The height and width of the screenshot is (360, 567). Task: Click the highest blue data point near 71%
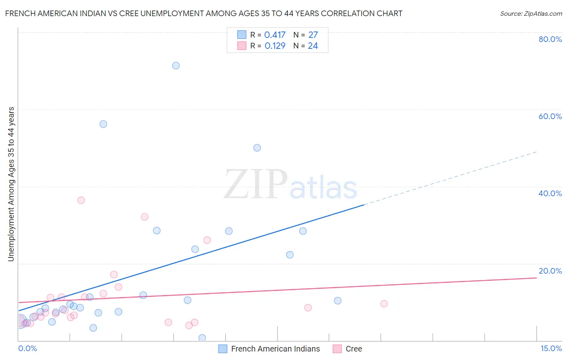pyautogui.click(x=176, y=65)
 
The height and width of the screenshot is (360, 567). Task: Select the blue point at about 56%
pyautogui.click(x=103, y=124)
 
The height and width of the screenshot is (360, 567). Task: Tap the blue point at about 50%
pyautogui.click(x=257, y=148)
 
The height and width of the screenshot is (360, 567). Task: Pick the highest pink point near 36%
pyautogui.click(x=81, y=200)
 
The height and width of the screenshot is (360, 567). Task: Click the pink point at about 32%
pyautogui.click(x=144, y=217)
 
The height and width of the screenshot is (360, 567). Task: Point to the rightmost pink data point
pyautogui.click(x=384, y=303)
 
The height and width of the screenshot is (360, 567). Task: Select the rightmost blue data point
pyautogui.click(x=338, y=301)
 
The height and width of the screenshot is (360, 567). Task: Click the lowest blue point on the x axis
pyautogui.click(x=202, y=338)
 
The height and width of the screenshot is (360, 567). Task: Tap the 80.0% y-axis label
pyautogui.click(x=550, y=39)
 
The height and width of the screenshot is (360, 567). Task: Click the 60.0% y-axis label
pyautogui.click(x=550, y=116)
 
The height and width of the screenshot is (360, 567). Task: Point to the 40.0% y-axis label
pyautogui.click(x=550, y=193)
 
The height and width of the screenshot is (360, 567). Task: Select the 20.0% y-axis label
pyautogui.click(x=550, y=271)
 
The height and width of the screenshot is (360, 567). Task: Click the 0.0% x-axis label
pyautogui.click(x=27, y=348)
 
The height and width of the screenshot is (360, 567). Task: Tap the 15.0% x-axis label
pyautogui.click(x=551, y=348)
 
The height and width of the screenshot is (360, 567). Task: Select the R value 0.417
pyautogui.click(x=275, y=35)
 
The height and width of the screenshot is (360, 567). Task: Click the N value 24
pyautogui.click(x=313, y=46)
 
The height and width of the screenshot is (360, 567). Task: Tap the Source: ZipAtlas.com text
pyautogui.click(x=531, y=14)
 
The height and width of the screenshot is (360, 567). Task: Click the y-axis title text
pyautogui.click(x=11, y=184)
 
